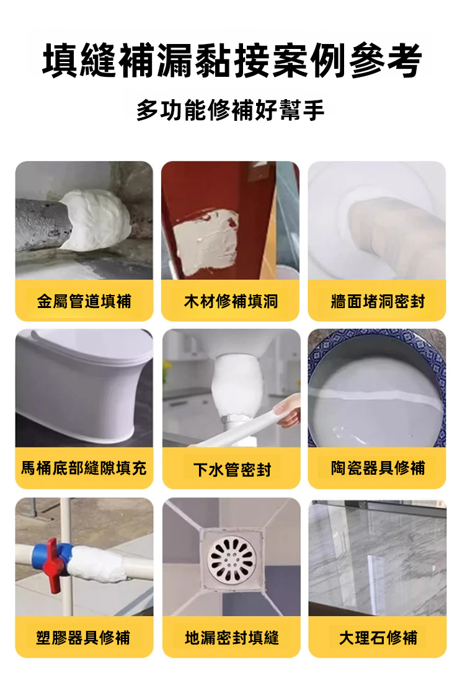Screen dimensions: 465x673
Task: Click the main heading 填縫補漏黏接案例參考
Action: point(232,61)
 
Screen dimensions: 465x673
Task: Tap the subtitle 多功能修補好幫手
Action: point(231,110)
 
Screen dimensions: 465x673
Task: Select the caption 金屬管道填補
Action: point(84,301)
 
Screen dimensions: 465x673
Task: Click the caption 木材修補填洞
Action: point(231,301)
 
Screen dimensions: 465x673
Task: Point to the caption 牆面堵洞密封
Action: point(378,301)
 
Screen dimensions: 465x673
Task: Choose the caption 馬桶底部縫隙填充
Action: point(84,468)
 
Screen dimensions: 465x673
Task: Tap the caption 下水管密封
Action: point(232,470)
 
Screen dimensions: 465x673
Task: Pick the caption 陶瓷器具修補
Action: point(378,468)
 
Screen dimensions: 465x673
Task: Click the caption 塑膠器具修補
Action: point(83,638)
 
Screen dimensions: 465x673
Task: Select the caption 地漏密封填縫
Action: point(232,638)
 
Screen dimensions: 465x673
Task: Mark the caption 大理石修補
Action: point(378,638)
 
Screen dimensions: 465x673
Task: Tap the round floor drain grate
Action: point(232,558)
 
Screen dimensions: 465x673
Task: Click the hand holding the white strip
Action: point(288,411)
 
